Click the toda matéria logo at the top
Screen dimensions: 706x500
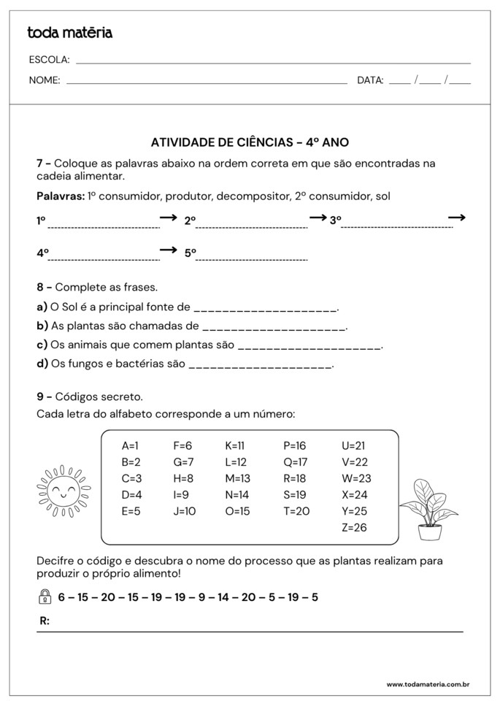[x=69, y=33]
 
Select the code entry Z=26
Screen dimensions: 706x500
[x=354, y=527]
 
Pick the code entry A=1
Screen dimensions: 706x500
[x=130, y=445]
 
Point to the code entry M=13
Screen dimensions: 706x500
[x=237, y=478]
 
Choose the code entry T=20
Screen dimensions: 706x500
[x=296, y=511]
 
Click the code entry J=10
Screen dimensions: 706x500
[x=185, y=511]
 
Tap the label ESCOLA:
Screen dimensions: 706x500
[x=49, y=60]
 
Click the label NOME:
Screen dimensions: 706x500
[x=45, y=81]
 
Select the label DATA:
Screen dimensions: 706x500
[x=370, y=81]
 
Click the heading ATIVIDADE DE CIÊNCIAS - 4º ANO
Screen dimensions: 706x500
[x=250, y=143]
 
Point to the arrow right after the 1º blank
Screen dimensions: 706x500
[x=169, y=218]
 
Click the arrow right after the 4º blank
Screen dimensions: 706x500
[x=169, y=250]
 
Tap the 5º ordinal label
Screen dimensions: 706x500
[x=190, y=253]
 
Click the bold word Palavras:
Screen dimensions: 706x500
[x=60, y=196]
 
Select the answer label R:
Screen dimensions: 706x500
[x=45, y=621]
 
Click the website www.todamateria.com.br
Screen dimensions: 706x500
[x=427, y=685]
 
